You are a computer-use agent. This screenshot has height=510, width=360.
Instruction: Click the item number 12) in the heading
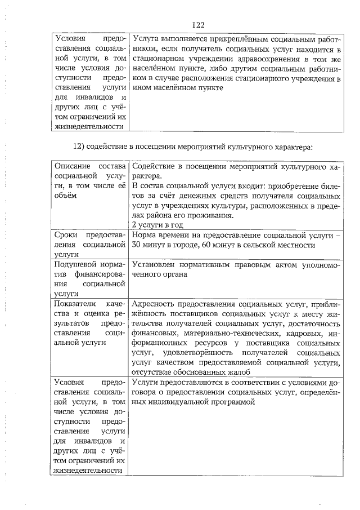[80, 147]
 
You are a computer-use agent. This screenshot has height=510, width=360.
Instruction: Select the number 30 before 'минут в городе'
[137, 245]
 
